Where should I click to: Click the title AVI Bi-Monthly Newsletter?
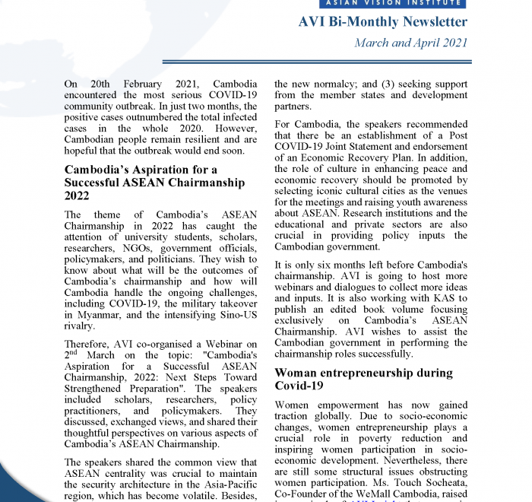383,22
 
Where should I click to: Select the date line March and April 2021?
411,43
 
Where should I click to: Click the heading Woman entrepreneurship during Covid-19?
363,380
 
